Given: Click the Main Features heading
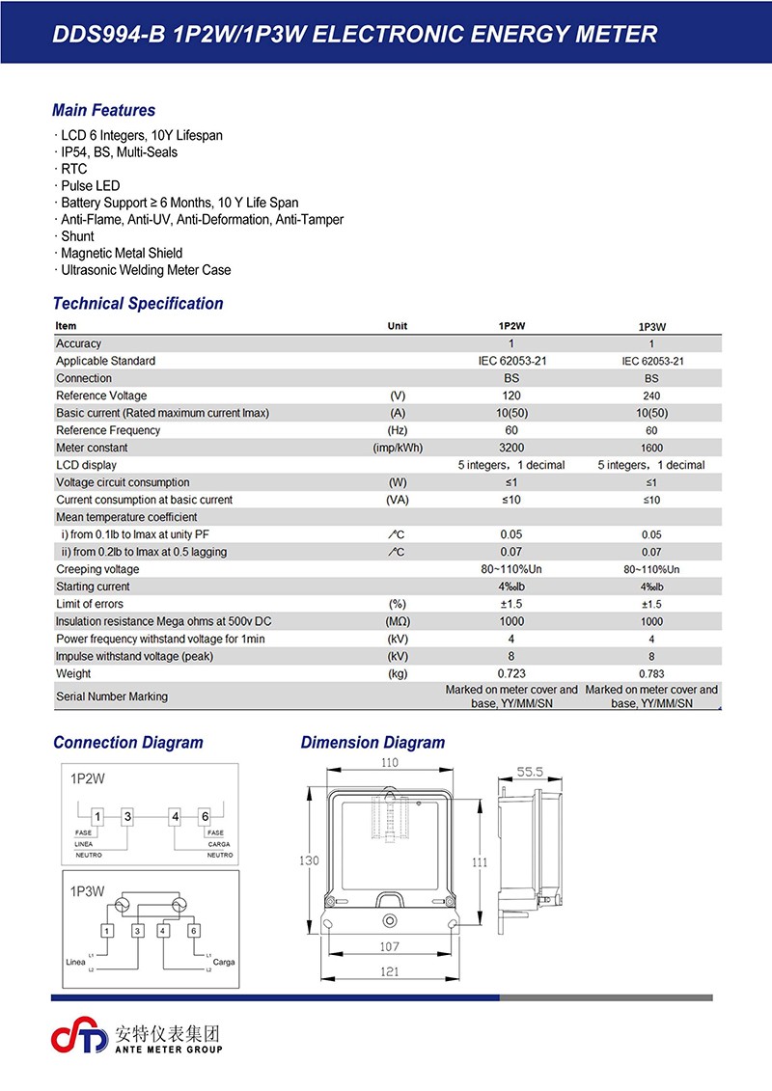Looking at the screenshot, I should [103, 111].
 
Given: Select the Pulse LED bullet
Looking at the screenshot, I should [90, 186].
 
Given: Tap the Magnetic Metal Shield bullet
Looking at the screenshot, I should [121, 254].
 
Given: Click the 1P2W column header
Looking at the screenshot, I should [511, 326].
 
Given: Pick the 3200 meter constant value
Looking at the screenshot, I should [511, 448].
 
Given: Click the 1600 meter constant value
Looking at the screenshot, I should [651, 448].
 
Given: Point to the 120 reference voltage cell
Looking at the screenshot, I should [511, 395].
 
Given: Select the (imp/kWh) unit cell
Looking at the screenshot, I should [398, 448].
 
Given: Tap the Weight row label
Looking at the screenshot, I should [73, 673].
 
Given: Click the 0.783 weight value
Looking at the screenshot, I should [651, 673].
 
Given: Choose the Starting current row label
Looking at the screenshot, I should [93, 586].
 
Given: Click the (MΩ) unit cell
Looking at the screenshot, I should [398, 621].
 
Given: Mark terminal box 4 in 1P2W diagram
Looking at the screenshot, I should [175, 816].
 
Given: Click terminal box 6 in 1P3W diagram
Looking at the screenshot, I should [194, 931].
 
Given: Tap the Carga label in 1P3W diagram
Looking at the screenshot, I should [223, 963].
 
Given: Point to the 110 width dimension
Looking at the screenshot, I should [389, 763].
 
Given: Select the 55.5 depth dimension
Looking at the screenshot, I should [529, 773].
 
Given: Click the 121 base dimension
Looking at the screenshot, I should [389, 972].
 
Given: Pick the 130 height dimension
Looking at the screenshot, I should [310, 859].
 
